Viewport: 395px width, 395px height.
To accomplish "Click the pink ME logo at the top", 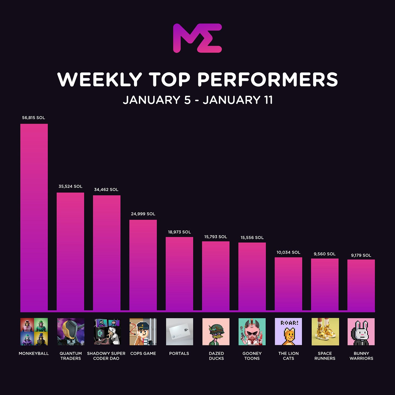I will click(197, 38).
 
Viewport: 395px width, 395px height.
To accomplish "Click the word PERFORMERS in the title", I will click(267, 80).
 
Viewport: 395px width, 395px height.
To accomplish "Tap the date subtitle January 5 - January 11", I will click(197, 100).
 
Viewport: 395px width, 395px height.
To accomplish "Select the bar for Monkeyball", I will click(34, 217).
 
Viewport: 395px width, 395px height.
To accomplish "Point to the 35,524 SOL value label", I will click(70, 186).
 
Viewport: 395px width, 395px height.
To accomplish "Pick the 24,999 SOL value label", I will click(143, 214).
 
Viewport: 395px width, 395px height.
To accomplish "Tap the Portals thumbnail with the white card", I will click(179, 332).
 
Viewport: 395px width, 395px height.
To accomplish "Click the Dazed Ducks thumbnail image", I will click(216, 332).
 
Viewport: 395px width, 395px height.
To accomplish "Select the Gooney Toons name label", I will click(252, 356).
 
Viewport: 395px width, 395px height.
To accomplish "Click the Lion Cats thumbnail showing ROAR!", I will click(288, 332).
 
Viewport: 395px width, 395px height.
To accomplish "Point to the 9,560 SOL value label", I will click(324, 254).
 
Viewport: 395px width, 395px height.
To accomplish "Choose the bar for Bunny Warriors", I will click(361, 285).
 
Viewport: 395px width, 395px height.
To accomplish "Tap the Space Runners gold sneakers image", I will click(325, 332).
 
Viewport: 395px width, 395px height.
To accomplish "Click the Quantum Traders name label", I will click(71, 356).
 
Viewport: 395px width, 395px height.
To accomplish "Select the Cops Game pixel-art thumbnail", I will click(143, 332).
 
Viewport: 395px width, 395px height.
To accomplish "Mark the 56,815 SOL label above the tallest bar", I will click(34, 118).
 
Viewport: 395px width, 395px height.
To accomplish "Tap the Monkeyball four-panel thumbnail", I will click(34, 332).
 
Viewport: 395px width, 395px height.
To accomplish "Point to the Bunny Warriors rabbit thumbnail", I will click(361, 332).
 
